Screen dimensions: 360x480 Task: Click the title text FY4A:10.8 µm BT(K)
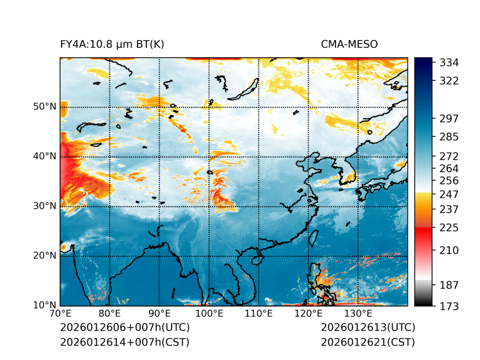pos(112,44)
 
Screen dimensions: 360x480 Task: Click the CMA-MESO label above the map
pos(349,44)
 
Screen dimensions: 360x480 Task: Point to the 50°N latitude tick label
pos(45,107)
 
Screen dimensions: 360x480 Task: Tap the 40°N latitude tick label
pos(45,156)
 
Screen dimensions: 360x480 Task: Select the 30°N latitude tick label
pos(45,206)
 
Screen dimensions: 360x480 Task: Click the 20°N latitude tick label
pos(45,256)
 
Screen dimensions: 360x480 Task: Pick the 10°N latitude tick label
pos(45,305)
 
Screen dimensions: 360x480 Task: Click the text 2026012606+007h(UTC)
pos(124,327)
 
